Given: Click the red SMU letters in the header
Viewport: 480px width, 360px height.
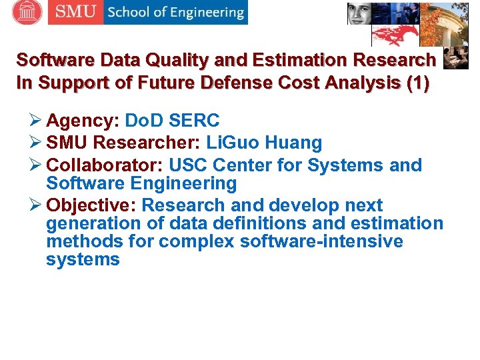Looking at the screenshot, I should click(x=75, y=12).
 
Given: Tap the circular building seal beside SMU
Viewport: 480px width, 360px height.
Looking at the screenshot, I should click(x=27, y=12).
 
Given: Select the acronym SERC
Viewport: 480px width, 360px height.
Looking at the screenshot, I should click(x=195, y=121).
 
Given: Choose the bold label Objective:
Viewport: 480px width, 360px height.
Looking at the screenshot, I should click(x=91, y=205).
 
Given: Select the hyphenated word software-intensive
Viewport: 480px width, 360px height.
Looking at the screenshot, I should click(x=321, y=241).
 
